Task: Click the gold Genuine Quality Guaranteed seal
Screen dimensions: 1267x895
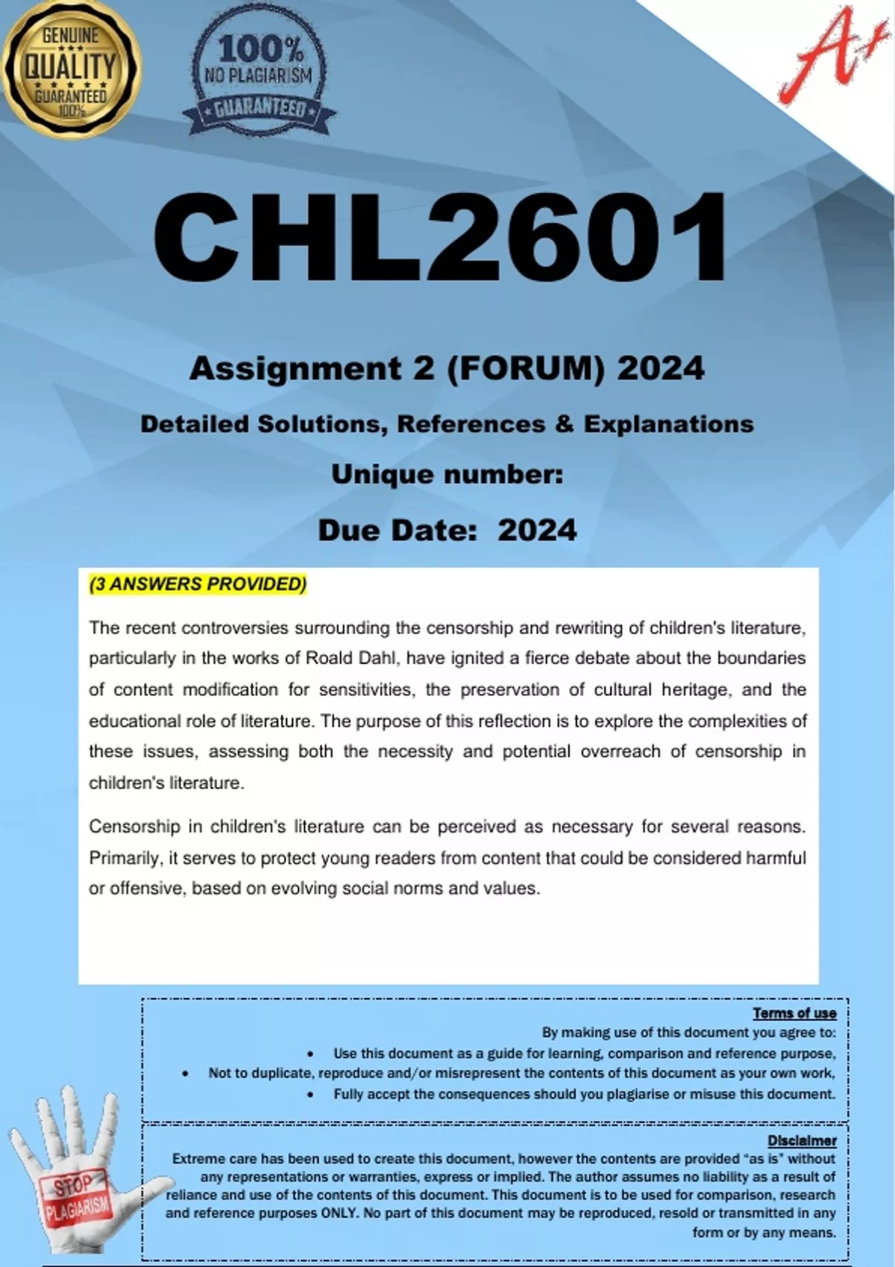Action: (x=70, y=70)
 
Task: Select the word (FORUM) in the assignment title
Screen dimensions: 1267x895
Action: (x=525, y=368)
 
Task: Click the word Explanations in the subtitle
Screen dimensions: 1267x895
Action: (x=668, y=424)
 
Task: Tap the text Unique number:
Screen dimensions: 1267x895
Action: (x=447, y=474)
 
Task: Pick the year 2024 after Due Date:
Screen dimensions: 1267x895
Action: (x=537, y=531)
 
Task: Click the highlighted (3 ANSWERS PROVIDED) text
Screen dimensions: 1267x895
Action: (x=198, y=584)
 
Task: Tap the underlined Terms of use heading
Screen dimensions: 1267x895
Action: (x=794, y=1013)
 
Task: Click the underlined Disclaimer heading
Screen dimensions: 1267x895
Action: (x=802, y=1140)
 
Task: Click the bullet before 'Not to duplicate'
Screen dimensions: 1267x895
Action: (x=185, y=1074)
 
